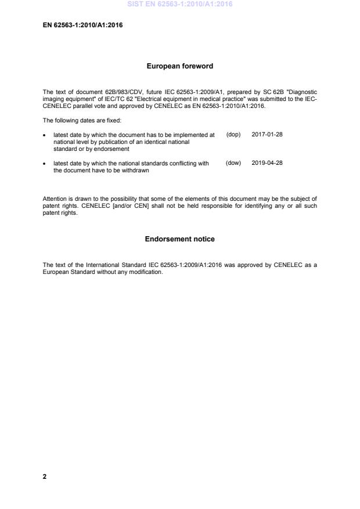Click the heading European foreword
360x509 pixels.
(x=179, y=66)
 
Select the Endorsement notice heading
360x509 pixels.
(x=179, y=239)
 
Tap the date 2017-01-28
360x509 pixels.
(x=267, y=135)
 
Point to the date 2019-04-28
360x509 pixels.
(x=267, y=164)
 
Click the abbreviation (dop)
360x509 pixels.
(x=233, y=135)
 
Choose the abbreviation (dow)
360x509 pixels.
(x=233, y=164)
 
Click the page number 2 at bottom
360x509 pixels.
(x=45, y=476)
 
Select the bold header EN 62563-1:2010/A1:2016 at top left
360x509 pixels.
(x=82, y=25)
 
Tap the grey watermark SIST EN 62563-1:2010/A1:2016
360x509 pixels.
(x=179, y=4)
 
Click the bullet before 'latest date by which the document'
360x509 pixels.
(x=45, y=135)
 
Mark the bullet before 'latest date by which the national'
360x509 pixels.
(x=45, y=164)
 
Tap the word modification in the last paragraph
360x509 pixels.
(x=147, y=272)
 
